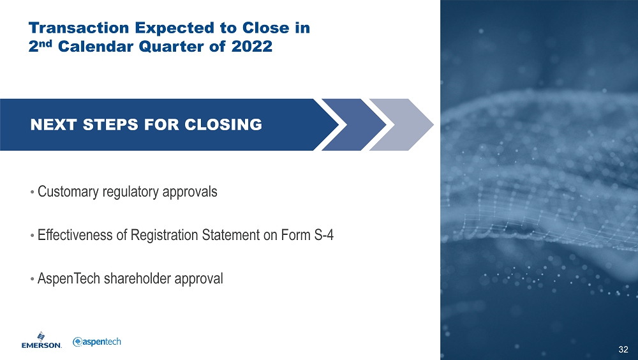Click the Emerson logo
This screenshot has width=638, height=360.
[41, 340]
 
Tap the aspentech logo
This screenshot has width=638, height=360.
[97, 341]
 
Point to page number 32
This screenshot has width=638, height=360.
[623, 349]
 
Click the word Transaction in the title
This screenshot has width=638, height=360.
[78, 28]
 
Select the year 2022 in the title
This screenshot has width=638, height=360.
[252, 47]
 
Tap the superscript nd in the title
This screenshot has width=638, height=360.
[47, 43]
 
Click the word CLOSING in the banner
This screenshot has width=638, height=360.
[223, 124]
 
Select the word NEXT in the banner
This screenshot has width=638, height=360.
[54, 124]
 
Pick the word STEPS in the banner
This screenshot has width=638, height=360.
[110, 124]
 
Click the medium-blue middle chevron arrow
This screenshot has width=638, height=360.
[354, 124]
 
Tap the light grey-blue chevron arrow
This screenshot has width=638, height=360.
[401, 124]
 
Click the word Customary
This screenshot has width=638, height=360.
[68, 192]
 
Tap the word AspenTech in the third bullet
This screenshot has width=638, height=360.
[69, 279]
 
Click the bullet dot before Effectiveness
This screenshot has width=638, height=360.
[32, 236]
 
